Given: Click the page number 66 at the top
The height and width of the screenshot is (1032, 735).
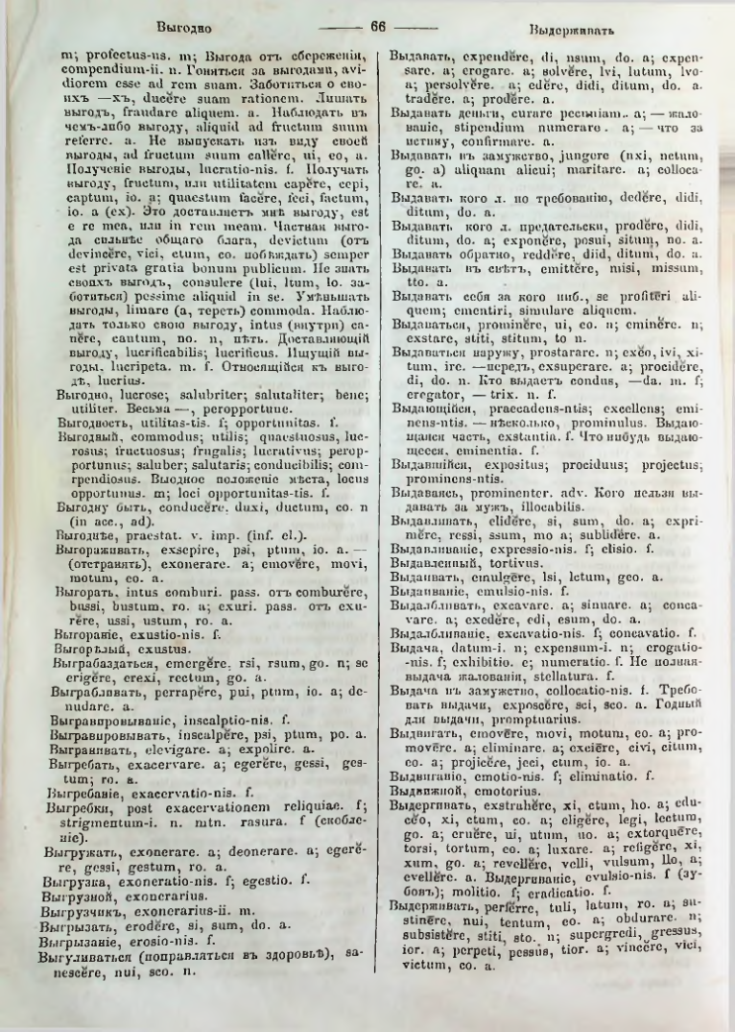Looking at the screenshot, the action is (x=375, y=27).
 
